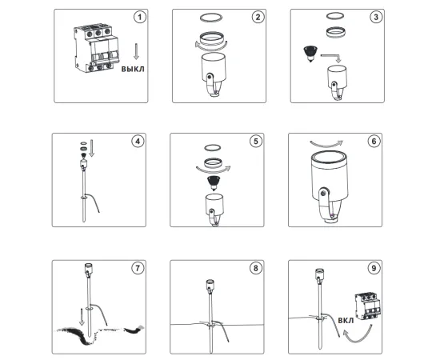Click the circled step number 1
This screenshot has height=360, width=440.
tap(139, 17)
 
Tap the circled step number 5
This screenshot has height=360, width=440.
tap(256, 141)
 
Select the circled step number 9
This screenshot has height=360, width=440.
tap(374, 268)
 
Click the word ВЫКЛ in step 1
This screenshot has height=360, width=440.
tap(133, 69)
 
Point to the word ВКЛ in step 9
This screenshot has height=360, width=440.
tap(346, 321)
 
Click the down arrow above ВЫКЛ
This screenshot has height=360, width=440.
tap(136, 51)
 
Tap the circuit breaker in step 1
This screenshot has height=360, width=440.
tap(96, 49)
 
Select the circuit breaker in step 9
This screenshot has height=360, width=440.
tap(368, 306)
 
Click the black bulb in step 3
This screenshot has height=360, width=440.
tap(310, 54)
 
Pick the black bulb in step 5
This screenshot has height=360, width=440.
tap(213, 183)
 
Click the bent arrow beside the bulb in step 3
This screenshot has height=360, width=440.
tap(331, 56)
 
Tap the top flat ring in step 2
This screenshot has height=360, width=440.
tap(211, 18)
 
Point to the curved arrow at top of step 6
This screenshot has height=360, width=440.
tap(326, 144)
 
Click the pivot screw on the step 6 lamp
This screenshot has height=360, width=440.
tap(324, 194)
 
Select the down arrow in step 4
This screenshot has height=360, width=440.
tap(91, 148)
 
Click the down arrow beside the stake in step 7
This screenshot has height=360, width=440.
tap(82, 317)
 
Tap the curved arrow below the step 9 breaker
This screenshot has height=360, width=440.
tap(355, 337)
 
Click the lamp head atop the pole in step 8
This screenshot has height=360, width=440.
tap(210, 286)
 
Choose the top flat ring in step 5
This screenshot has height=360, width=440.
tap(213, 147)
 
